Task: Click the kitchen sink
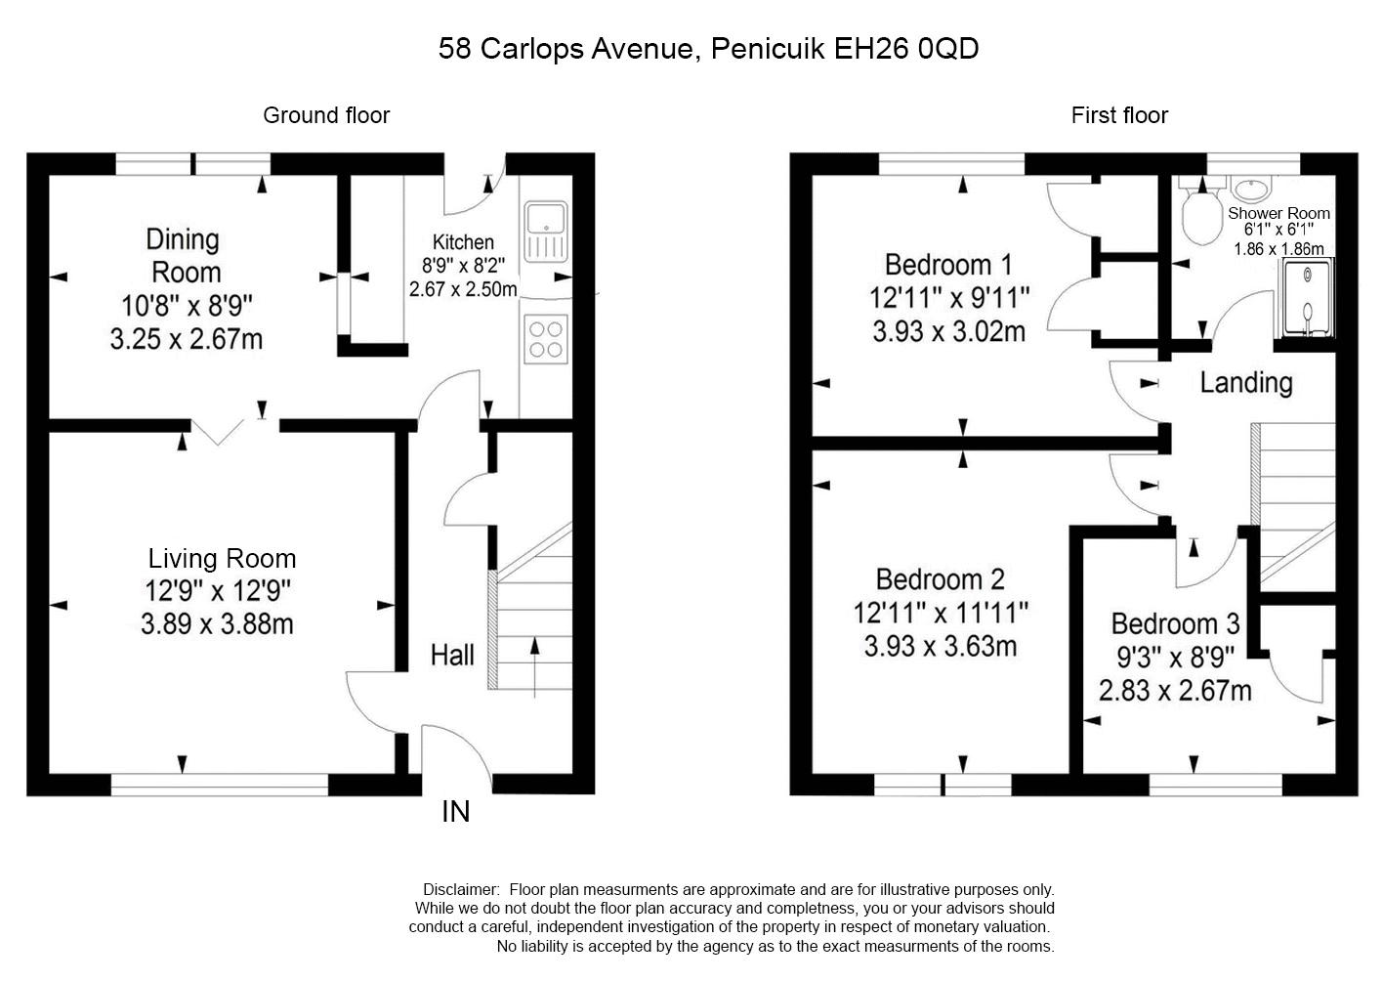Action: pos(546,232)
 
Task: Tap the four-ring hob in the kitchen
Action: pos(546,339)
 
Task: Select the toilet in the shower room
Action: pos(1202,211)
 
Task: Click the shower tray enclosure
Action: pos(1307,298)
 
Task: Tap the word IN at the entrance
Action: pos(456,812)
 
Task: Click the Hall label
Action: pos(452,655)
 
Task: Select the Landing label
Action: pos(1246,382)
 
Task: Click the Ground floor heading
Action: pos(326,115)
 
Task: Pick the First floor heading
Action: pos(1119,115)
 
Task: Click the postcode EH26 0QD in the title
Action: pos(906,48)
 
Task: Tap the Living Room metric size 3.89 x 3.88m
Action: pos(217,624)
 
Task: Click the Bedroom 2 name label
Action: pos(941,579)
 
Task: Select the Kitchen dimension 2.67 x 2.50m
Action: pos(463,289)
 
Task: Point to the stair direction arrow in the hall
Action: pos(534,667)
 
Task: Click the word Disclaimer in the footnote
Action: pos(461,889)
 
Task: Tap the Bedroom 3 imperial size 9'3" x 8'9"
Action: pos(1176,658)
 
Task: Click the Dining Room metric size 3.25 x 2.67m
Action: pos(187,339)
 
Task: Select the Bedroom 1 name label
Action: pos(948,265)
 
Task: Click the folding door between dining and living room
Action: pos(218,432)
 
